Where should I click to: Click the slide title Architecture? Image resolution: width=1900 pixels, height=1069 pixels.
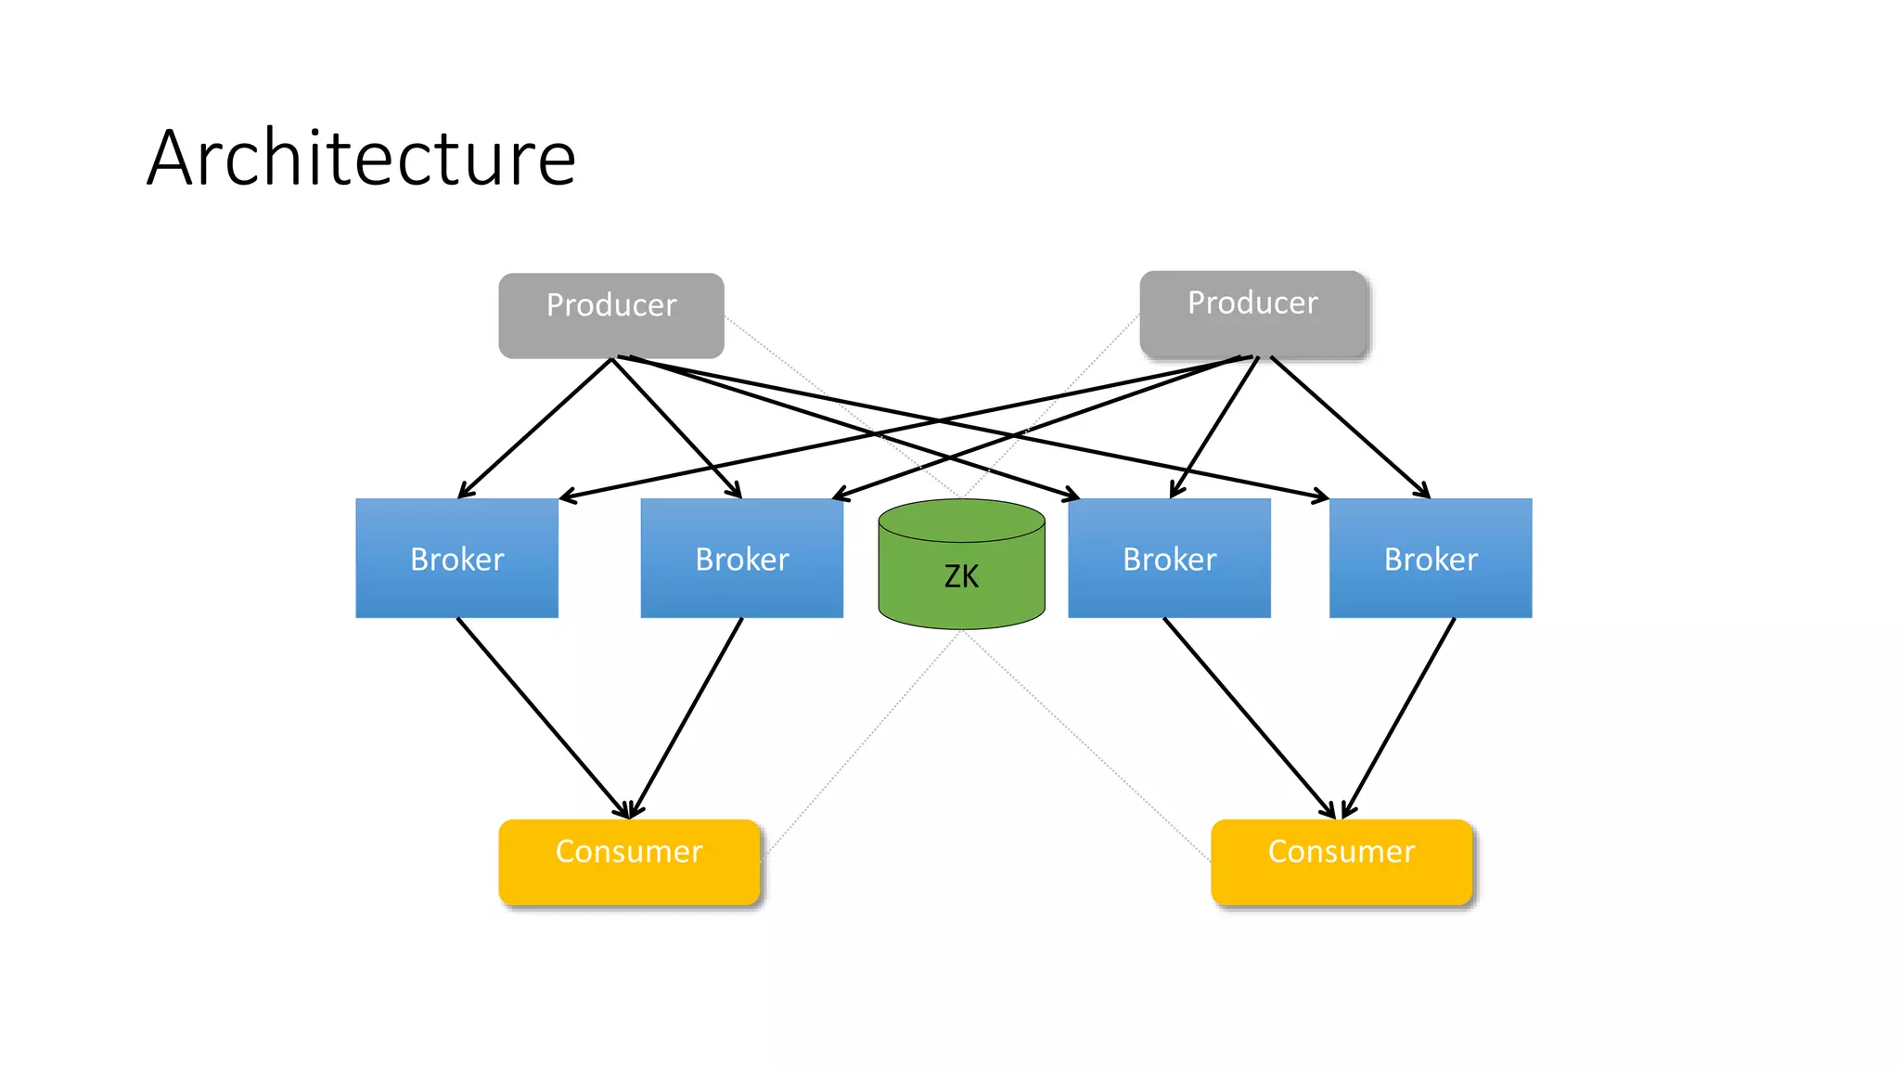[x=361, y=158]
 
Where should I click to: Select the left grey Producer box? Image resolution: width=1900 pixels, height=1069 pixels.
[x=610, y=316]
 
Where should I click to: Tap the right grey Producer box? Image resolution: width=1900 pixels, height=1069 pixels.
[x=1252, y=314]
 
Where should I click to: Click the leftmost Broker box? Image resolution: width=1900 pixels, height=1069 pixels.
[x=456, y=559]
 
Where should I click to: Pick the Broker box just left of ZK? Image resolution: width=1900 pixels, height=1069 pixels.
[x=741, y=559]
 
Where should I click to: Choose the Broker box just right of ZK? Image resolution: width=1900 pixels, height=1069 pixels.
[x=1169, y=559]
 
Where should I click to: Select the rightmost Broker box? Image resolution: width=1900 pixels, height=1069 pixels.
[x=1430, y=559]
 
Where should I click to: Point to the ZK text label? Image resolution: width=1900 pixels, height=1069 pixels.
[x=961, y=576]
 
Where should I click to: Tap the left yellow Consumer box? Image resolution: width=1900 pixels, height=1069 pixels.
[x=629, y=861]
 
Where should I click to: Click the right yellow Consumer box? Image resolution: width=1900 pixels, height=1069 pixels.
[x=1341, y=861]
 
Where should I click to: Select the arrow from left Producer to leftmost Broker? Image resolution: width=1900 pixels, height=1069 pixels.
[x=535, y=428]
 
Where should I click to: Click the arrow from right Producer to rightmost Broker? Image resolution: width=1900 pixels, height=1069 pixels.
[x=1350, y=427]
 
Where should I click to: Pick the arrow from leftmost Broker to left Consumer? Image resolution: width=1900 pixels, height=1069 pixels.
[x=542, y=716]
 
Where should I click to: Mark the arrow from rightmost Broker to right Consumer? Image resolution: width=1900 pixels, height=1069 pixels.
[x=1399, y=717]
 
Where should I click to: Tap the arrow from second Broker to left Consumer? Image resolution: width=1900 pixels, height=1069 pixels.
[x=687, y=717]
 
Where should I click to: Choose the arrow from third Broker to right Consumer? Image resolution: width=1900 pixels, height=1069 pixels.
[x=1249, y=717]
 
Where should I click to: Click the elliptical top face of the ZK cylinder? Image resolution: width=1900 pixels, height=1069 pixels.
[x=961, y=520]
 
